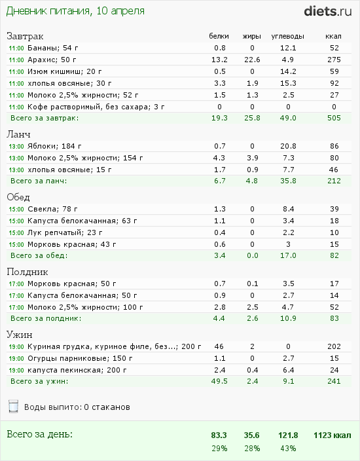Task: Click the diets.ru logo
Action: pos(328,11)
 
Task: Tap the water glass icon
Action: pos(14,406)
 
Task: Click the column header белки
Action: pos(219,36)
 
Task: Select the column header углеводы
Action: pos(288,37)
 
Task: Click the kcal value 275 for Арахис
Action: pos(334,60)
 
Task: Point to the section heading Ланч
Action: pos(18,134)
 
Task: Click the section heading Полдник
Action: pos(27,272)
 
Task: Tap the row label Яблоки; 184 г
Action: pos(54,146)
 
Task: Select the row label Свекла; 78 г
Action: pos(52,209)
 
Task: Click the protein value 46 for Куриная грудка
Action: pos(219,346)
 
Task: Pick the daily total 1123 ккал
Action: pos(333,435)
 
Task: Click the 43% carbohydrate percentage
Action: pos(288,449)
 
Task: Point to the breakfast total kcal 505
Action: pos(334,118)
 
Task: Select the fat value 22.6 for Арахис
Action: pos(252,60)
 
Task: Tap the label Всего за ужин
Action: pos(39,382)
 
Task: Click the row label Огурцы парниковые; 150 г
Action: pos(80,358)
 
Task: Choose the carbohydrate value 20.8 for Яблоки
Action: pos(288,146)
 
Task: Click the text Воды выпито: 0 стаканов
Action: pos(77,407)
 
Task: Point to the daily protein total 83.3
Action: pos(219,435)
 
